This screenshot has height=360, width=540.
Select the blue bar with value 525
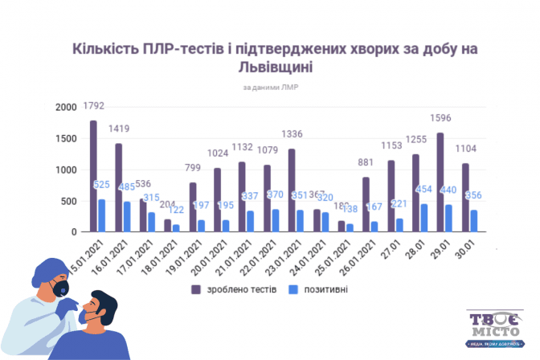pos(101,216)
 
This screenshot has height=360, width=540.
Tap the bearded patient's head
pos(100,308)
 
